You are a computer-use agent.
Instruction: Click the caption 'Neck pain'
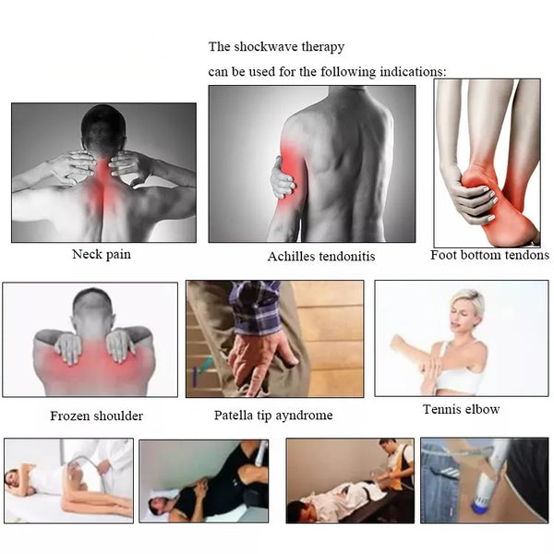click(102, 255)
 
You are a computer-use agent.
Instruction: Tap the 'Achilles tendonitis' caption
click(321, 257)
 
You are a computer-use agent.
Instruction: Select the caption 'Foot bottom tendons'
click(489, 255)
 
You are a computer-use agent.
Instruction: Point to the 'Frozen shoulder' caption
click(96, 415)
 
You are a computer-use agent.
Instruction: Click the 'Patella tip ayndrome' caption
click(273, 415)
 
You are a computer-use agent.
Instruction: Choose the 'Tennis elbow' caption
click(461, 409)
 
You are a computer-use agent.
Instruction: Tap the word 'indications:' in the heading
click(413, 72)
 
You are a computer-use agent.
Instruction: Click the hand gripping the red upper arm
click(282, 177)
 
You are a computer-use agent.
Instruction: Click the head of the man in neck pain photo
click(103, 129)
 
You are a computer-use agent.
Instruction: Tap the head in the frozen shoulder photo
click(92, 309)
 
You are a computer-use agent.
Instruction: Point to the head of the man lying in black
click(158, 505)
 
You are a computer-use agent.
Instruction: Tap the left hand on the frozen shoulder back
click(69, 349)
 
